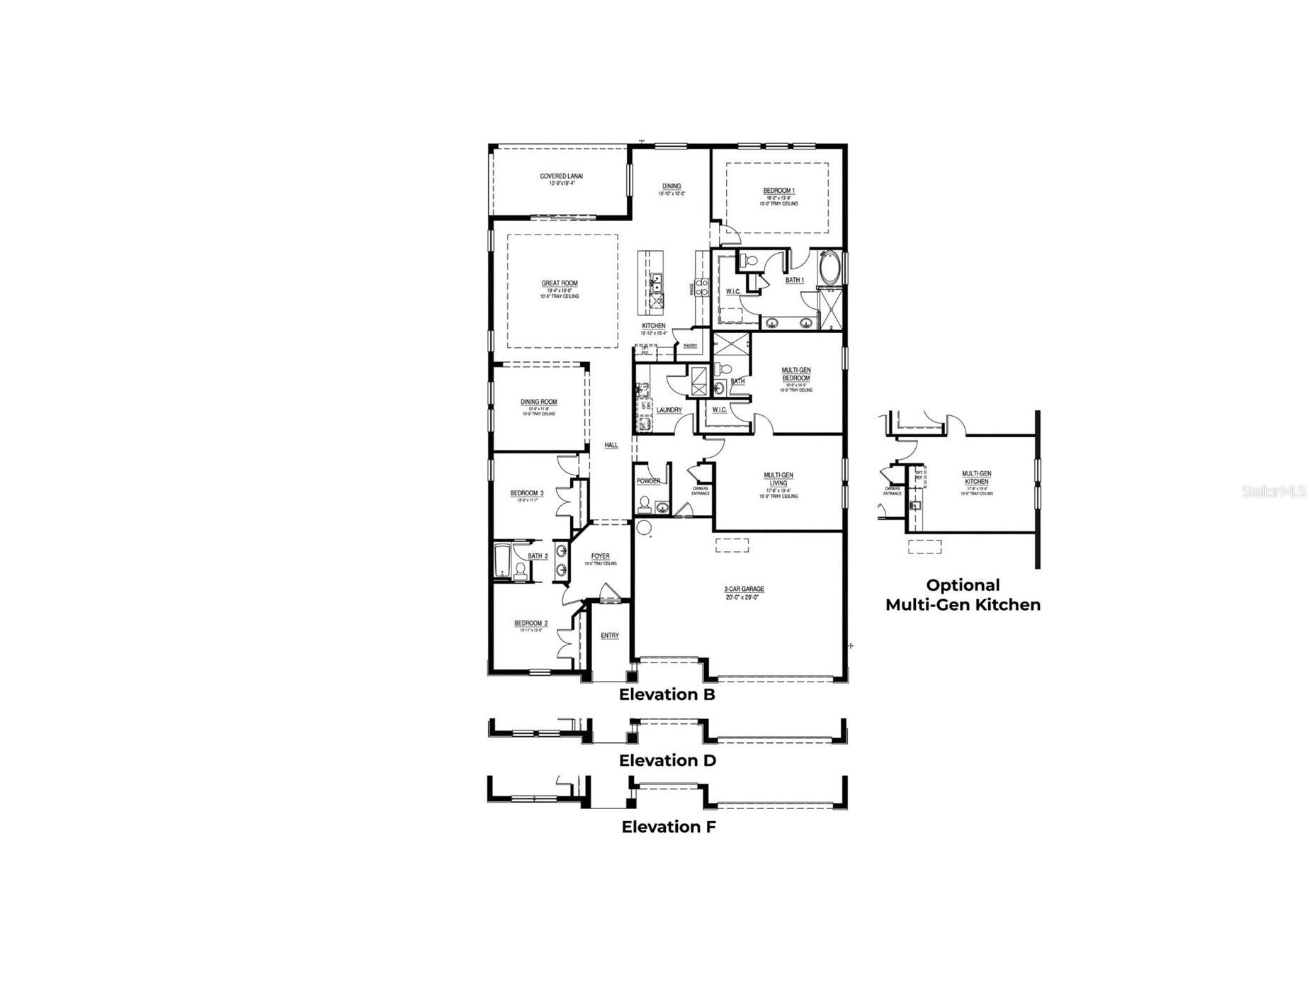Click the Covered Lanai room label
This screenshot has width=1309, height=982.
click(561, 176)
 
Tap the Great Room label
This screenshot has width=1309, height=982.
click(560, 283)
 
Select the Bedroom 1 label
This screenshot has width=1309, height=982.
click(778, 191)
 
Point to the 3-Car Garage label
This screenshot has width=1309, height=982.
click(744, 589)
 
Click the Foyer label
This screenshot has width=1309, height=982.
click(600, 556)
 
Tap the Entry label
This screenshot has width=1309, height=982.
click(609, 636)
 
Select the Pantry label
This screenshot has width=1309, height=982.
click(690, 346)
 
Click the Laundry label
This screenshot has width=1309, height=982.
click(669, 410)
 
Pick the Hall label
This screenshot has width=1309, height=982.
click(611, 445)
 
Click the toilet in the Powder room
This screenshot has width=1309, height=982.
click(645, 504)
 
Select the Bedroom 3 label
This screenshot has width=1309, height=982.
click(526, 493)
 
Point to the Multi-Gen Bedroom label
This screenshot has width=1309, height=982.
click(796, 374)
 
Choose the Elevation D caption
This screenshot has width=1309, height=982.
click(667, 761)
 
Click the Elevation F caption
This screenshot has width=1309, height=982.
click(669, 827)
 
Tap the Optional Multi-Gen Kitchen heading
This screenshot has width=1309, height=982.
click(963, 595)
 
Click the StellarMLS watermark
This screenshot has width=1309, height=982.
click(1273, 491)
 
